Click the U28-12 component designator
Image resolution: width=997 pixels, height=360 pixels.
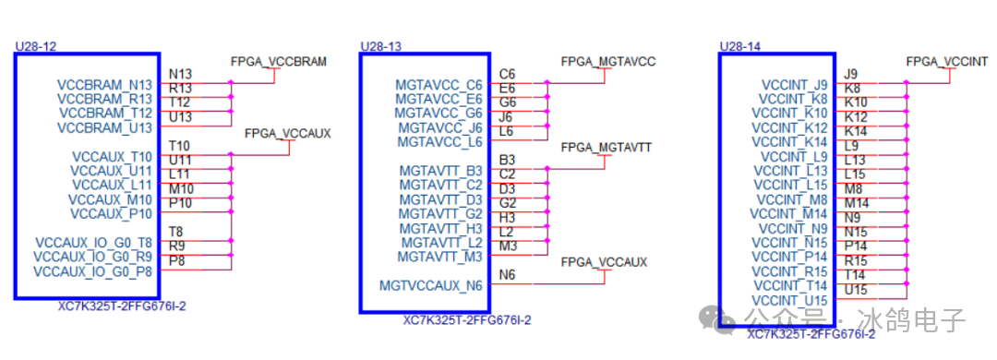[35, 45]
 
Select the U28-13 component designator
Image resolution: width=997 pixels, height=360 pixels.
[380, 45]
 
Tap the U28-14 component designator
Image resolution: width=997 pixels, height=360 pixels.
[739, 45]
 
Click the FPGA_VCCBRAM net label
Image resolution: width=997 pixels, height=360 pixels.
[278, 62]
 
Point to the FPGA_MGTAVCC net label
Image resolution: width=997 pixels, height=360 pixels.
[607, 62]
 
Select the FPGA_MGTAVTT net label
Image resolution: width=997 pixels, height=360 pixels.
[607, 148]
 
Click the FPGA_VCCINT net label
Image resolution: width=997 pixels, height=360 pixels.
[946, 62]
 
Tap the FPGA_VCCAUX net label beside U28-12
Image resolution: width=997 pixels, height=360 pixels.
[287, 134]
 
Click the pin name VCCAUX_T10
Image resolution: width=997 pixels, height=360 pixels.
[111, 157]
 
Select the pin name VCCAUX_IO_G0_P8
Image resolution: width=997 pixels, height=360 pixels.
[92, 272]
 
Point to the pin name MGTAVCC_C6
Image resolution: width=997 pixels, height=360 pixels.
[438, 85]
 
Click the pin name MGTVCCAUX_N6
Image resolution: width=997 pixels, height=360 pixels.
[430, 286]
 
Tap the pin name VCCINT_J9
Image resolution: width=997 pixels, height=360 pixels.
[795, 85]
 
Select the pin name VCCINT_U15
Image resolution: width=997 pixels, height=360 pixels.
[789, 300]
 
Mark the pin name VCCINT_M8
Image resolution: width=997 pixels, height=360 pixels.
[792, 199]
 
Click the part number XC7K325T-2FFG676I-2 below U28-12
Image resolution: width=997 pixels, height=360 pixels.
[122, 306]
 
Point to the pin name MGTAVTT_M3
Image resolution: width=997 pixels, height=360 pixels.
[439, 256]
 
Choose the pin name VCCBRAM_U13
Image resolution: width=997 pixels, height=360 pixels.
[105, 126]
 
